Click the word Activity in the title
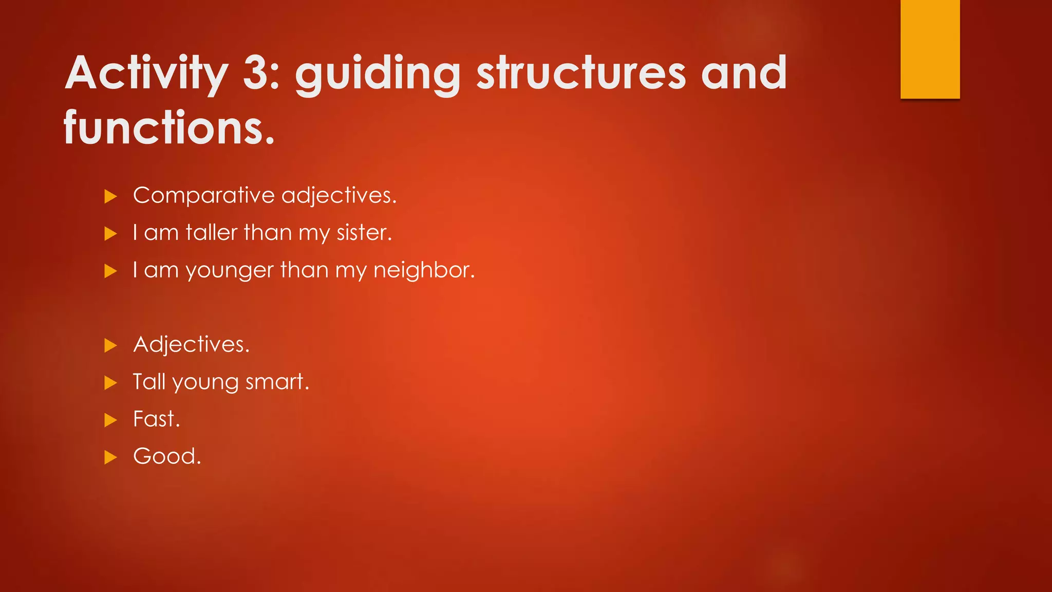(146, 73)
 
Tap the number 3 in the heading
(260, 73)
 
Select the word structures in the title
(581, 73)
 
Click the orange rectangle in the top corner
(930, 49)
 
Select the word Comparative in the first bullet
(204, 196)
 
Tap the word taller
(211, 233)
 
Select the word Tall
(148, 382)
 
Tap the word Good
(165, 457)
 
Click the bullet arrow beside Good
(110, 457)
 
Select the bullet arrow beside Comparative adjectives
(110, 196)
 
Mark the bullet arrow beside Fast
(110, 420)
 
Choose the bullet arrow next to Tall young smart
(110, 383)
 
